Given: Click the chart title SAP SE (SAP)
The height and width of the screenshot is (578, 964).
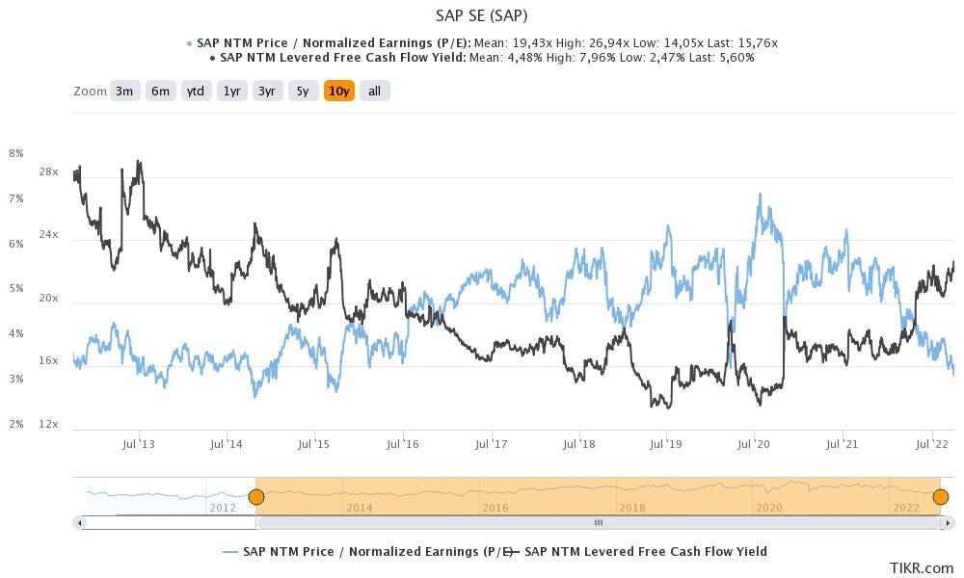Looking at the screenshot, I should click(x=481, y=15).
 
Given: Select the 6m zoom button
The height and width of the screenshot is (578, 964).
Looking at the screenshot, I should click(x=160, y=91).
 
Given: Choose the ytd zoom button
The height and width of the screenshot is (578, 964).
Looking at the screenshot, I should click(x=196, y=91).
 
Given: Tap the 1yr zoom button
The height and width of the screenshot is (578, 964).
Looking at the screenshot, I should click(x=231, y=91).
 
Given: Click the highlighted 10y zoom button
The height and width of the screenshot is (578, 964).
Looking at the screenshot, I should click(x=339, y=91).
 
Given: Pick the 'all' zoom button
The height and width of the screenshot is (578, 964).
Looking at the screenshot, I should click(x=375, y=91).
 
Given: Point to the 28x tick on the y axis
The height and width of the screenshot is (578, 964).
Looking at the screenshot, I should click(x=49, y=171).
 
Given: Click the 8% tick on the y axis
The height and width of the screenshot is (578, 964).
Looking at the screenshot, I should click(x=15, y=153).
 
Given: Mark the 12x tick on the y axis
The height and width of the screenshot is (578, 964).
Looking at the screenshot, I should click(x=49, y=424).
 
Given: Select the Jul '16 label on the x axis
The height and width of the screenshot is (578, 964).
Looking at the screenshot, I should click(x=402, y=444).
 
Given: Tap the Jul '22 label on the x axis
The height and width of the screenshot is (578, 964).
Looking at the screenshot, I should click(x=931, y=444).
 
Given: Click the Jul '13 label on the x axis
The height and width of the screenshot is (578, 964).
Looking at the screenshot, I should click(x=139, y=444).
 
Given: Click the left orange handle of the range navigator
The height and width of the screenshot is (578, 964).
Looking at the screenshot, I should click(x=255, y=497).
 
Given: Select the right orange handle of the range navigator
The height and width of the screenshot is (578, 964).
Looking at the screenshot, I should click(x=941, y=497).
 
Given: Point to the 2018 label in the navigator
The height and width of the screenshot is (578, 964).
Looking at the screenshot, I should click(x=632, y=508).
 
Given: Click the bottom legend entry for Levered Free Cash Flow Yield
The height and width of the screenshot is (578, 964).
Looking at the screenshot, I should click(x=644, y=552).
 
